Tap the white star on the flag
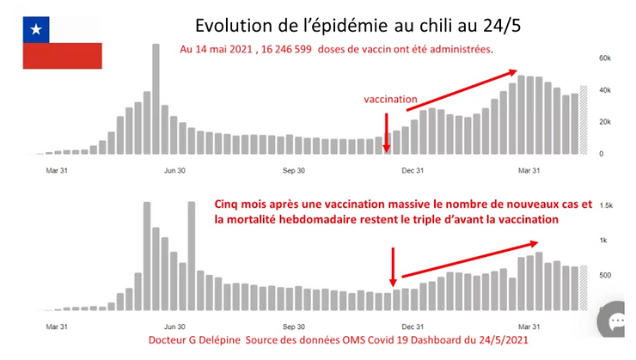pyautogui.click(x=36, y=30)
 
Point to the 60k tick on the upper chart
pyautogui.click(x=604, y=58)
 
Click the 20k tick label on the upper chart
pyautogui.click(x=604, y=122)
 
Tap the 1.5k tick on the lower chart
pyautogui.click(x=605, y=207)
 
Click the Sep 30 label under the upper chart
pyautogui.click(x=294, y=170)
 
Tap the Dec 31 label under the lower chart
pyautogui.click(x=413, y=326)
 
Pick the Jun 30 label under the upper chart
pyautogui.click(x=174, y=170)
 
